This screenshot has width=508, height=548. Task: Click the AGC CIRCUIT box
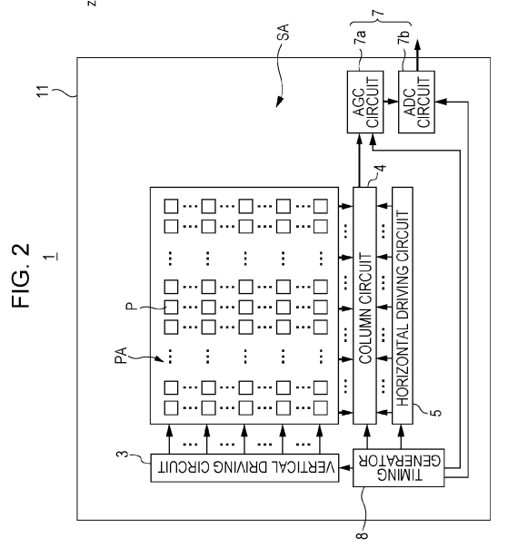[x=365, y=102]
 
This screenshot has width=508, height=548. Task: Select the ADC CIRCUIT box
[x=416, y=102]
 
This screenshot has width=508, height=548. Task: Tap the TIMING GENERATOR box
[x=398, y=467]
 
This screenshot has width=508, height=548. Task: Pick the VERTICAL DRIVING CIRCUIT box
[x=244, y=467]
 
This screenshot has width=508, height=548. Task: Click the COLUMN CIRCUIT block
[x=364, y=306]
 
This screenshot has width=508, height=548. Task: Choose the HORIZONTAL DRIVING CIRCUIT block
[x=403, y=306]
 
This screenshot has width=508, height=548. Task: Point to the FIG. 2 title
[x=21, y=276]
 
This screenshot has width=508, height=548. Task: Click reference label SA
[x=285, y=32]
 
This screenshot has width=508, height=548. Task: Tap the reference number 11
[x=43, y=91]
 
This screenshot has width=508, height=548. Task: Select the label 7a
[x=360, y=36]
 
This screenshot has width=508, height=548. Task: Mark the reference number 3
[x=124, y=455]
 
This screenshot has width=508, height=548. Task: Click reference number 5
[x=436, y=413]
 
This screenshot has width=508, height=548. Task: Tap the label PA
[x=121, y=356]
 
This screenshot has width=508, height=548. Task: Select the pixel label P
[x=130, y=307]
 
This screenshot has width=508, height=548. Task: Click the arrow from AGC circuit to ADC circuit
[x=391, y=102]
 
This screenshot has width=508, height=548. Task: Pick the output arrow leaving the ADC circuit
[x=417, y=55]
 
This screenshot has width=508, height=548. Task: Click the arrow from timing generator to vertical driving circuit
[x=346, y=467]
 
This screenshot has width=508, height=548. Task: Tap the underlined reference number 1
[x=51, y=257]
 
